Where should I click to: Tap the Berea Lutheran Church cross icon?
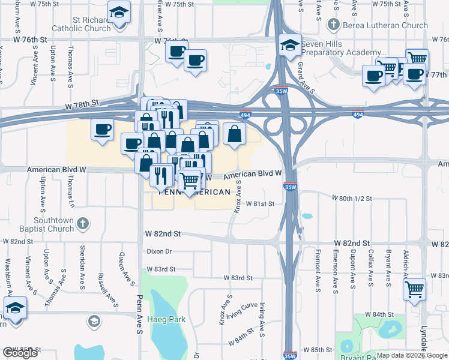(333, 25)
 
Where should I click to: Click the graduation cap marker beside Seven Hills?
(290, 45)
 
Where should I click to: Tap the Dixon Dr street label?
(159, 251)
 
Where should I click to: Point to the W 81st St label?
(259, 203)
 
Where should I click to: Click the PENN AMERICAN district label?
(194, 193)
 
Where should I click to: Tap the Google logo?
(20, 353)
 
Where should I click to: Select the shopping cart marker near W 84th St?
(414, 290)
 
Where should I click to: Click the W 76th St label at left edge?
(31, 39)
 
